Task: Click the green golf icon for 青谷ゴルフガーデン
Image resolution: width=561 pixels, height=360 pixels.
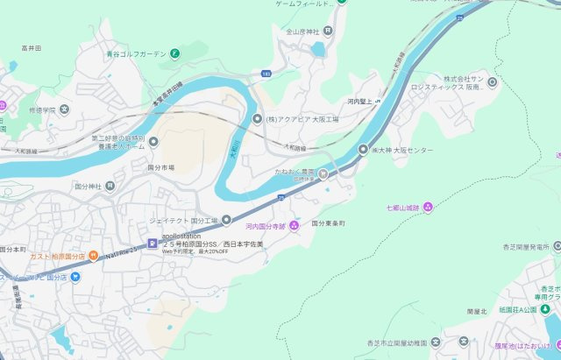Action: coord(175,53)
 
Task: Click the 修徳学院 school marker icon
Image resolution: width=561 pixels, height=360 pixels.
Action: coord(65,110)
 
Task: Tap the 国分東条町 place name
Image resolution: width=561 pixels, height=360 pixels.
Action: coord(329,223)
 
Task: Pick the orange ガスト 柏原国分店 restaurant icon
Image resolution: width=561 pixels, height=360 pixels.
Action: coord(92,256)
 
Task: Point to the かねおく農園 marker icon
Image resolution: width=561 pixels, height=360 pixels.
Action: coord(323,173)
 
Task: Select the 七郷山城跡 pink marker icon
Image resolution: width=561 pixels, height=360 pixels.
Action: coord(428,207)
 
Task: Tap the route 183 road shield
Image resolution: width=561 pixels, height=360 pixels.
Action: coord(266,74)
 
